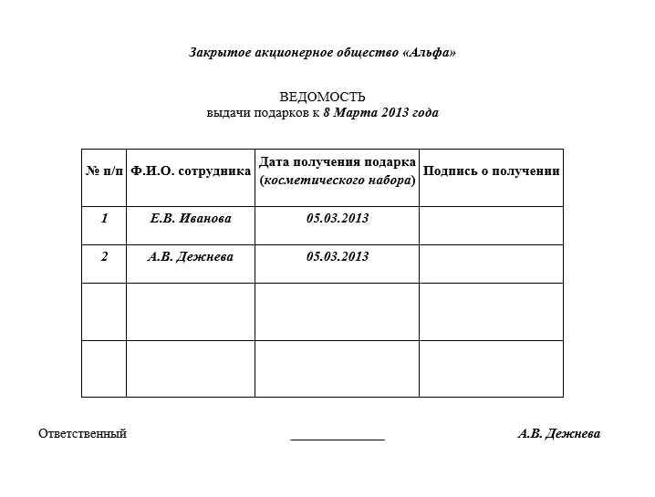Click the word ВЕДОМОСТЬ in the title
click(x=322, y=97)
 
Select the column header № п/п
click(x=104, y=171)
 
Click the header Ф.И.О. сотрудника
click(x=191, y=171)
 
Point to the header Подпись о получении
click(x=492, y=171)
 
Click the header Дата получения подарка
click(x=338, y=162)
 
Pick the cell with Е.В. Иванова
click(x=191, y=219)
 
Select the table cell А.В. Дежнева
click(x=191, y=257)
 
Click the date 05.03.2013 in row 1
click(x=338, y=219)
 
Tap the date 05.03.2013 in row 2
click(x=338, y=257)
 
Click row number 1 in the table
click(x=104, y=219)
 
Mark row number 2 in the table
click(x=104, y=257)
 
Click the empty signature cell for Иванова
click(x=492, y=225)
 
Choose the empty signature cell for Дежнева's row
click(x=492, y=264)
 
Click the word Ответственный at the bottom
click(x=82, y=434)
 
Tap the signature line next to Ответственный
click(x=338, y=439)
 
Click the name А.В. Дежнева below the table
click(x=558, y=434)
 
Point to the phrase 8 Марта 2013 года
click(x=380, y=114)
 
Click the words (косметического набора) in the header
click(x=338, y=181)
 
